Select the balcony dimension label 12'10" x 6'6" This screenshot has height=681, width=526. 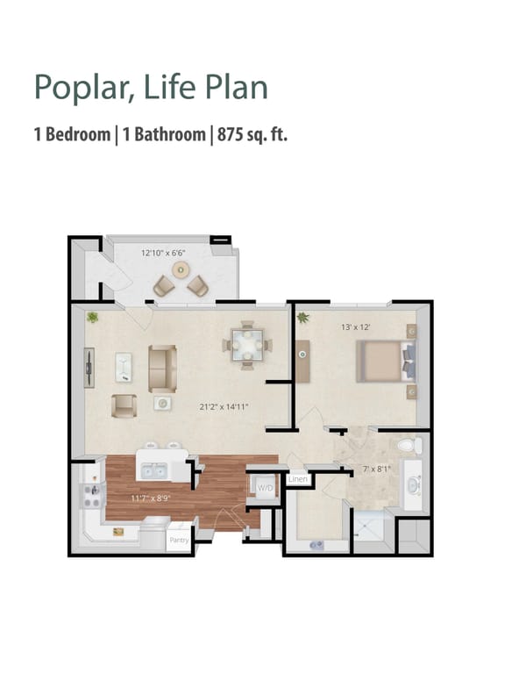pyautogui.click(x=164, y=253)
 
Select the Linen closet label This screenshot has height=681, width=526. pyautogui.click(x=298, y=479)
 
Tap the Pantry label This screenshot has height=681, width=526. pyautogui.click(x=180, y=540)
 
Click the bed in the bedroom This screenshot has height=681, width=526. pyautogui.click(x=384, y=361)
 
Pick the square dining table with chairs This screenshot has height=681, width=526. pyautogui.click(x=245, y=344)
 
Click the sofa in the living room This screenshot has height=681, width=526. pyautogui.click(x=162, y=367)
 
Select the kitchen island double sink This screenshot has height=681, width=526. pyautogui.click(x=154, y=472)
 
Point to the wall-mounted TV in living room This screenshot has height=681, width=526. pyautogui.click(x=88, y=368)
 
